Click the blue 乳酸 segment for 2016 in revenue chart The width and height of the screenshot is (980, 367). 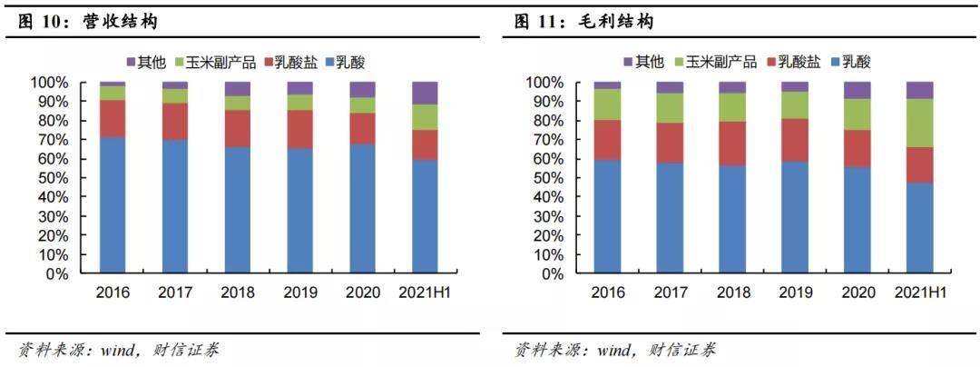tap(113, 204)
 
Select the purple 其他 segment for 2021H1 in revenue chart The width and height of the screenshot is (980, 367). tap(426, 93)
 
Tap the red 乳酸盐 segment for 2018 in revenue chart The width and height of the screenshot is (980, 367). tap(238, 128)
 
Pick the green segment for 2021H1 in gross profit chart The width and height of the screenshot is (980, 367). tap(920, 123)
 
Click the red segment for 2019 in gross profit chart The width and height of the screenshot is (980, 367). tap(795, 140)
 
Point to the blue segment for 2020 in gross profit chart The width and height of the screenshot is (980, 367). tap(857, 220)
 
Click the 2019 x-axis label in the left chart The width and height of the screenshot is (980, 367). tap(300, 293)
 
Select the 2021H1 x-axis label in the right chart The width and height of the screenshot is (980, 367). tap(920, 293)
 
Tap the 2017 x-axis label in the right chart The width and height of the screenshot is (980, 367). tap(670, 293)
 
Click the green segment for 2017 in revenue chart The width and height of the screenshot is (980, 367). tap(175, 95)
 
